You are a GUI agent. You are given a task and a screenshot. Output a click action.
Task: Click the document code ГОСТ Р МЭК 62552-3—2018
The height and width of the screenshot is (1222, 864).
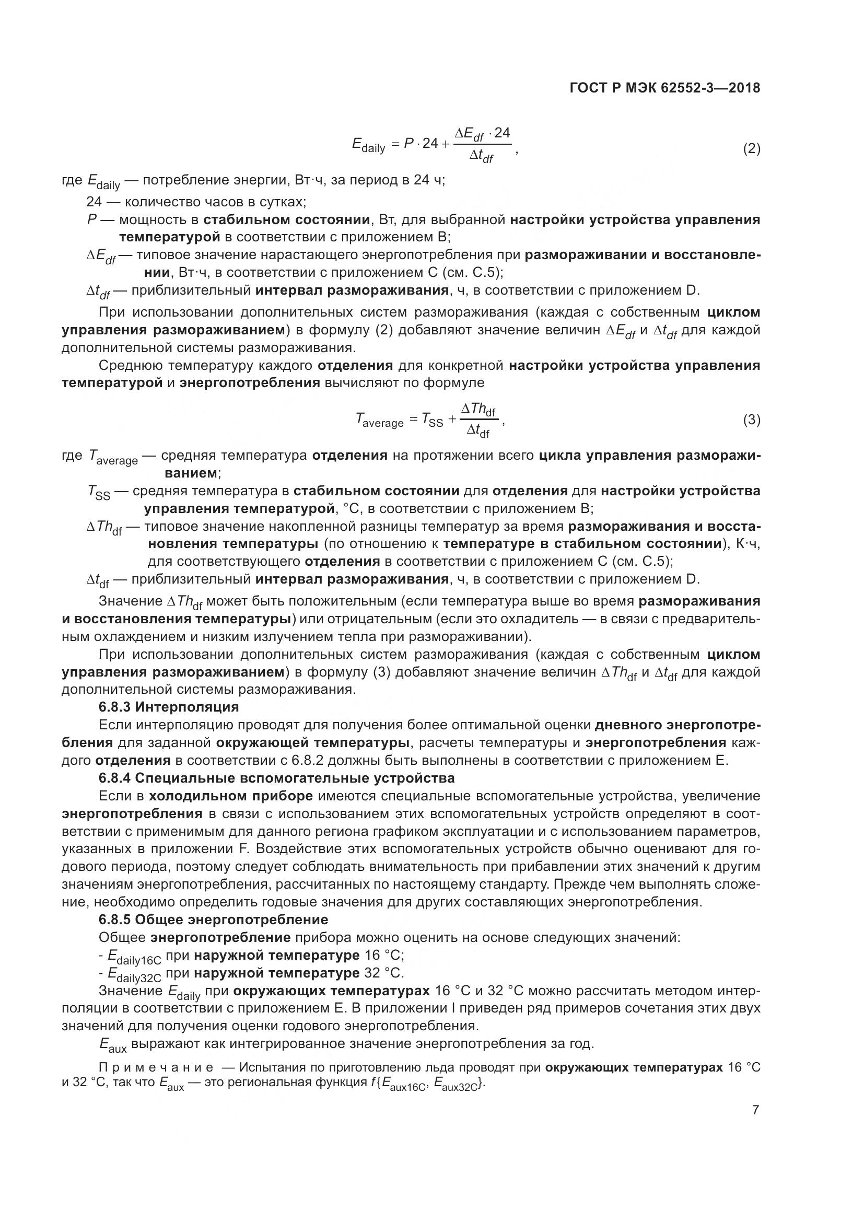pos(664,88)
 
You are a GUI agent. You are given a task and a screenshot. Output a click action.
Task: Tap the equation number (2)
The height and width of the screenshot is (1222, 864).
pos(751,148)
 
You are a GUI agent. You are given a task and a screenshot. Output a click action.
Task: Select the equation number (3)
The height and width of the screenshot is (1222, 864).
pos(751,420)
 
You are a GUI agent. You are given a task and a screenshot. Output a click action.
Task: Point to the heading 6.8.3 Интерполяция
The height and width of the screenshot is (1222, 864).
pos(169,707)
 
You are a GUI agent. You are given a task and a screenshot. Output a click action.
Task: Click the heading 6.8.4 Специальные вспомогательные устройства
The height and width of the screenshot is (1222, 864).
pos(276,778)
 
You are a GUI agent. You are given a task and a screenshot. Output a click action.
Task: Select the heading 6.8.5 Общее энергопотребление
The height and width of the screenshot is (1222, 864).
pos(213,920)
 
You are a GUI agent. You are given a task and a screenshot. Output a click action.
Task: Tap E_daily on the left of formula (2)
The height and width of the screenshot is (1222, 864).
pos(368,145)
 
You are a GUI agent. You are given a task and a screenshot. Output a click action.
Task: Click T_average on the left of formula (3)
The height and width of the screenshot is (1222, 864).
pos(379,421)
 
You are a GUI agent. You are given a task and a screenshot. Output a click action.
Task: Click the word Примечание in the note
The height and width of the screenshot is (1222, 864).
pos(156,1068)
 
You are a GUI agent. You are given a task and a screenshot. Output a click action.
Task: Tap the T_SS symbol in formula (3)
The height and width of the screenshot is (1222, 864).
pos(432,421)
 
